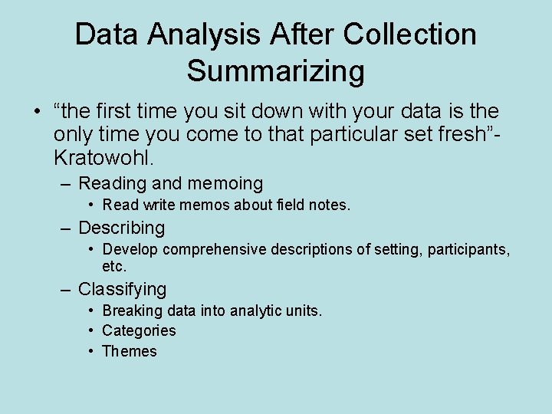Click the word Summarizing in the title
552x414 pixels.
tap(275, 71)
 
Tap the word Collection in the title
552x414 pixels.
tap(410, 34)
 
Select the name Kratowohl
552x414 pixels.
tap(103, 159)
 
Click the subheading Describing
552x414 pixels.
tap(122, 228)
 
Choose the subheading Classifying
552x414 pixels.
tap(123, 289)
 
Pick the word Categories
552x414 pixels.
tap(139, 330)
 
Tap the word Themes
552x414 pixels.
tap(130, 351)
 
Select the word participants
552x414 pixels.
tap(468, 249)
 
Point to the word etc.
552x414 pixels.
tap(114, 266)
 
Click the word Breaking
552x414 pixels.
tap(133, 310)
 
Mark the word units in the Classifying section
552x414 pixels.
tap(304, 310)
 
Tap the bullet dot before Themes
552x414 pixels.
tap(90, 351)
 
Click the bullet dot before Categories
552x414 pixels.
tap(90, 330)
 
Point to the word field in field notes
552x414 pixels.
tap(284, 205)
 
